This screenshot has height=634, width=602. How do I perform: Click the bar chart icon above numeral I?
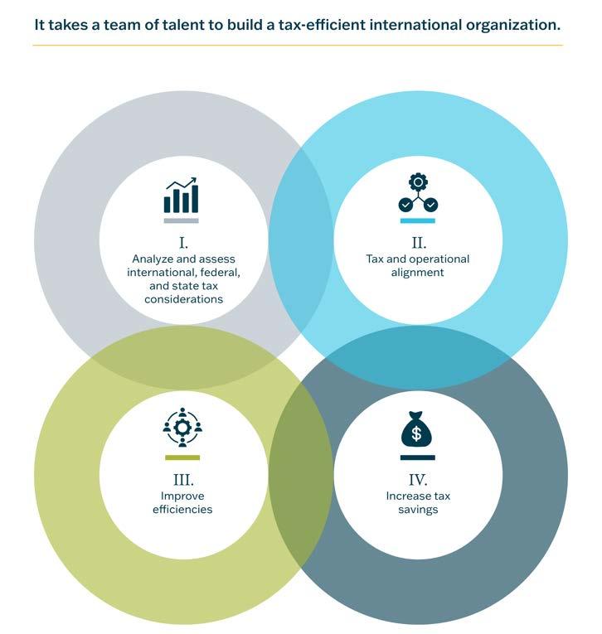(181, 196)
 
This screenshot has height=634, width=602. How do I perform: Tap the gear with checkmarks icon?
(417, 194)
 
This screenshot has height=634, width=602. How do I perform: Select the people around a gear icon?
(182, 428)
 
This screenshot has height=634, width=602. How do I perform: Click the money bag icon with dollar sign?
(417, 430)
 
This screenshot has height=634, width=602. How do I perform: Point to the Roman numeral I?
(183, 243)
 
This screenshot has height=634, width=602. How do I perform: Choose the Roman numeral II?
(418, 243)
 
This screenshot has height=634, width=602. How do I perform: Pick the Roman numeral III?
(182, 479)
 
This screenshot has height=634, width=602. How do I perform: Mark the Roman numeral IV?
(418, 479)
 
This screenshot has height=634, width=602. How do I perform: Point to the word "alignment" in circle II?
(418, 272)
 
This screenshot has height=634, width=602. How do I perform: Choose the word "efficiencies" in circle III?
(182, 509)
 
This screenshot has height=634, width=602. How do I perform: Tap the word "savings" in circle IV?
(418, 509)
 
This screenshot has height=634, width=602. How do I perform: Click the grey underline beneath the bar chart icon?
(181, 221)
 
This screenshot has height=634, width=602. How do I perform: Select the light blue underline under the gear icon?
(417, 221)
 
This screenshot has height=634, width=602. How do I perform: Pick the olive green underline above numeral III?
(182, 457)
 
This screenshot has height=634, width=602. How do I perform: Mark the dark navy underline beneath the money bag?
(417, 457)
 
